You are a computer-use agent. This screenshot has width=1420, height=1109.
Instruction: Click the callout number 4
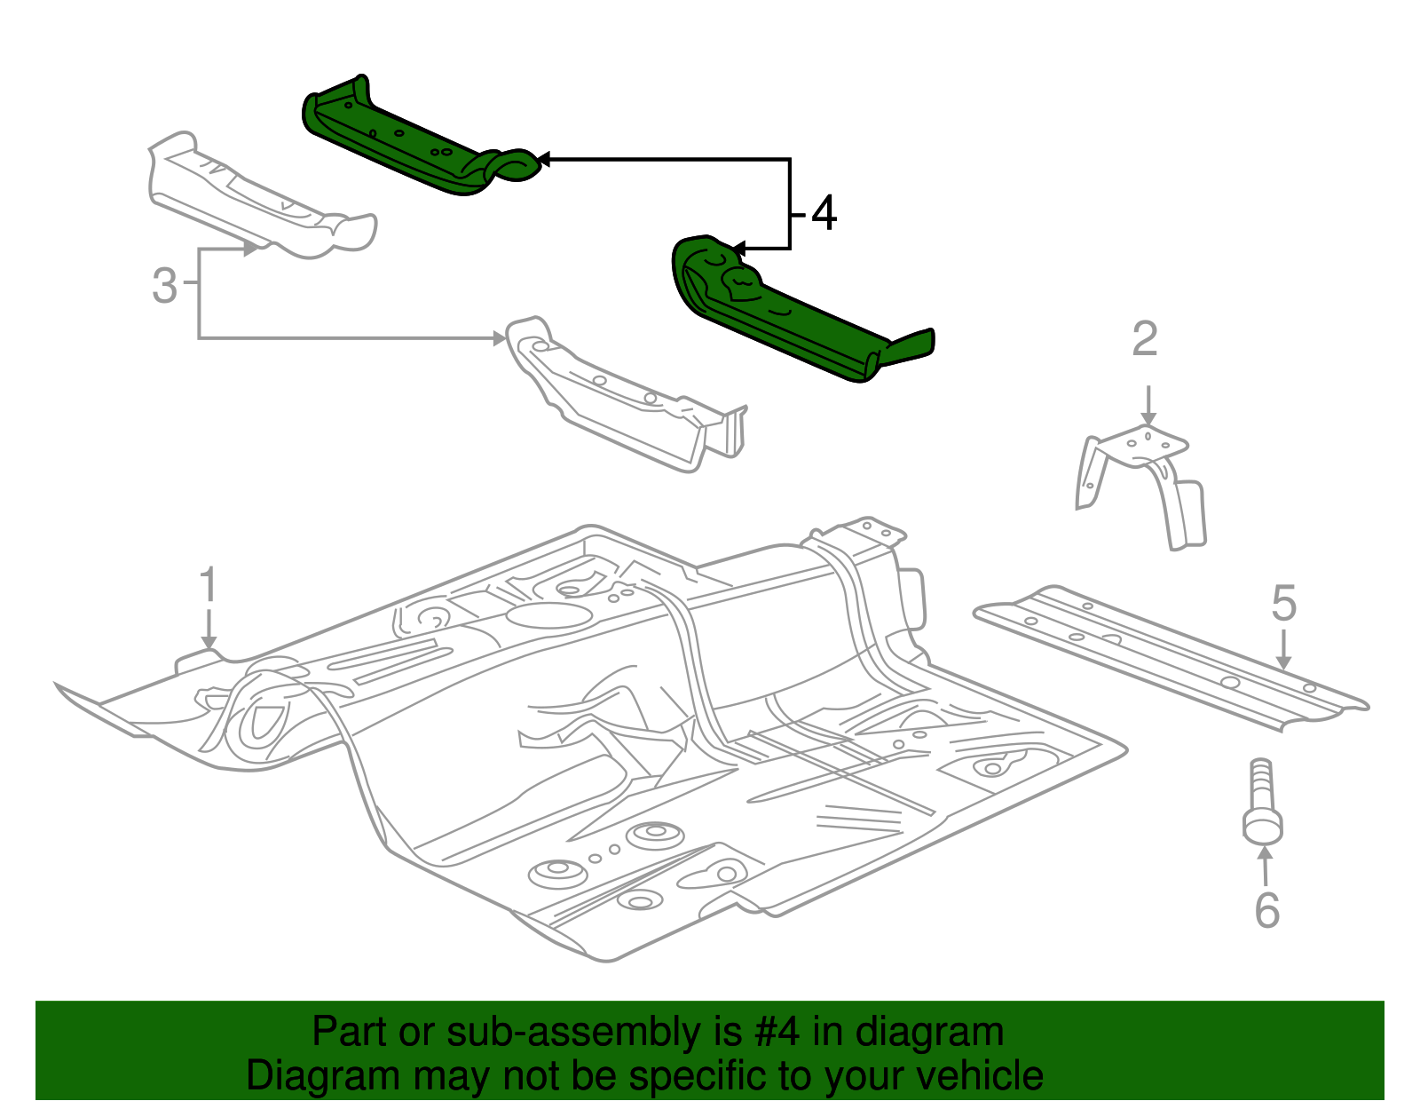(824, 214)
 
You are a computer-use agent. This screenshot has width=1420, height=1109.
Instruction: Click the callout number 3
(164, 286)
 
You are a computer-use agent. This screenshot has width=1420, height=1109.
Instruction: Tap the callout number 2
(1145, 340)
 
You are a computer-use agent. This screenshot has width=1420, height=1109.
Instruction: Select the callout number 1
(208, 586)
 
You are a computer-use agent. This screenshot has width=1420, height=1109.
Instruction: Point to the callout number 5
(1283, 604)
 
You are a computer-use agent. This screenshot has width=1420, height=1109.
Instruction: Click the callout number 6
(1266, 910)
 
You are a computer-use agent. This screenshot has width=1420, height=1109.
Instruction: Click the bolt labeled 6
(1262, 804)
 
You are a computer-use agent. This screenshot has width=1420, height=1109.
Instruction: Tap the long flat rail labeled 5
(1171, 657)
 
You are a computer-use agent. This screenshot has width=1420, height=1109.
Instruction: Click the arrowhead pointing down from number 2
(1148, 419)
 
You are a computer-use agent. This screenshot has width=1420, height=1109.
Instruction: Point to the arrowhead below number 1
(209, 642)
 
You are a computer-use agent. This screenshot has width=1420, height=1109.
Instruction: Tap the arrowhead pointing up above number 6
(1265, 853)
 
